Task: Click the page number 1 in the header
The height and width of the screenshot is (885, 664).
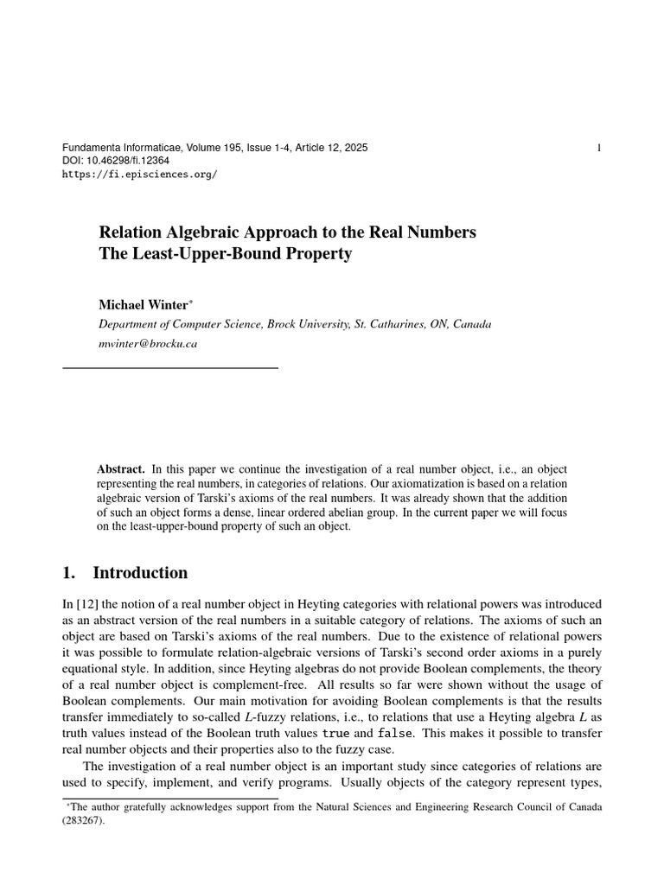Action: click(x=599, y=149)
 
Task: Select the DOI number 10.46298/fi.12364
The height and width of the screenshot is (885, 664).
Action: click(x=126, y=162)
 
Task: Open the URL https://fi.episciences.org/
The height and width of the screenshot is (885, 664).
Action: click(x=140, y=174)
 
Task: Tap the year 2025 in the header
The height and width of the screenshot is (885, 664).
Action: click(x=355, y=149)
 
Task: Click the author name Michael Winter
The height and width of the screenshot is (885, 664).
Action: click(x=142, y=305)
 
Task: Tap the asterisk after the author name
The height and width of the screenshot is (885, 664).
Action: click(x=190, y=302)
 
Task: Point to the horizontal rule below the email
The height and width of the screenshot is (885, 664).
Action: click(x=170, y=368)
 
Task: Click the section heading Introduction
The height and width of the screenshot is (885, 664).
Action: click(x=139, y=573)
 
